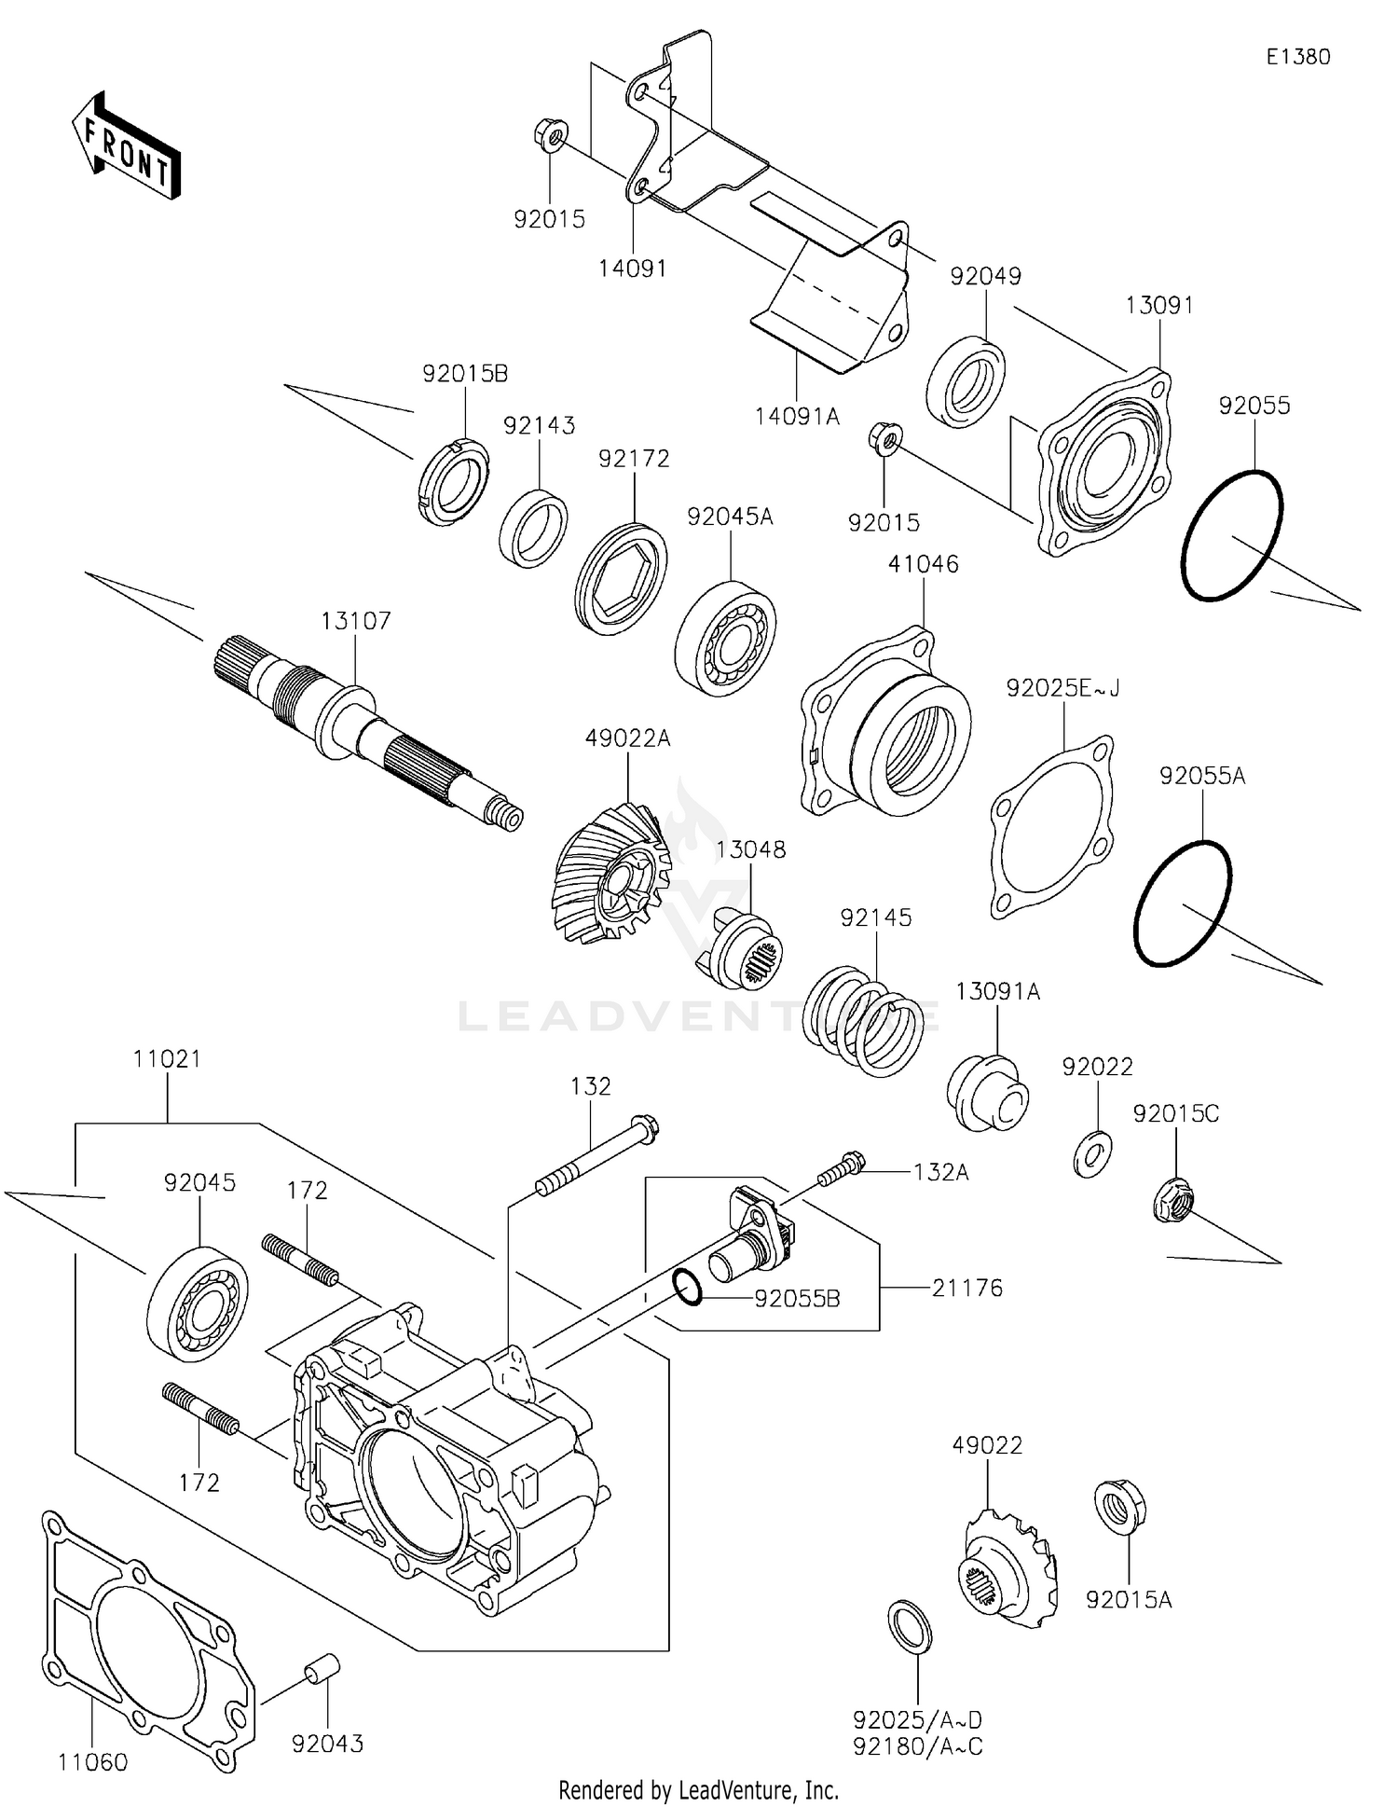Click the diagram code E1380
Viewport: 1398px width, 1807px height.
[x=1297, y=57]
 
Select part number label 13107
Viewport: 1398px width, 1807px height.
[x=356, y=621]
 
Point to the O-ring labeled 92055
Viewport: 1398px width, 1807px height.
[x=1231, y=536]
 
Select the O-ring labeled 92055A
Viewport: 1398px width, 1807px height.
[x=1183, y=903]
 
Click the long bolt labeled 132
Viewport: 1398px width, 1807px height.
[x=597, y=1154]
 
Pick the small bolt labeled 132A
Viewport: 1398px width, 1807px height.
[x=842, y=1168]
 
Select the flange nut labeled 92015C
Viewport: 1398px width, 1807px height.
[x=1172, y=1200]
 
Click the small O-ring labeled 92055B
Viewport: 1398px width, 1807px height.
[x=687, y=1287]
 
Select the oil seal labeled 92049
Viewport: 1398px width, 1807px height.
[x=966, y=382]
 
